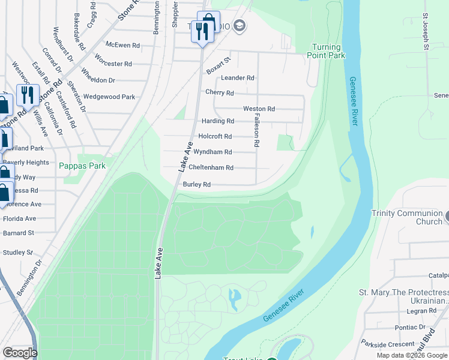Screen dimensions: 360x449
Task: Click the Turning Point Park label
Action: tap(328, 51)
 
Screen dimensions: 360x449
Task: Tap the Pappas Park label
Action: tap(83, 166)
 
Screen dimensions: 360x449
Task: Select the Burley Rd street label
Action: tap(197, 185)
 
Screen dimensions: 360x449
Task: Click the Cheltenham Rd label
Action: tap(211, 168)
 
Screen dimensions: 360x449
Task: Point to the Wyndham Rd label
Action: tap(212, 152)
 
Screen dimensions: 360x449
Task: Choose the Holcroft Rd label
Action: tap(214, 136)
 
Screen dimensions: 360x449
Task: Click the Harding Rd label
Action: tap(217, 121)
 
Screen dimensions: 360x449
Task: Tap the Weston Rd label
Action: tap(259, 109)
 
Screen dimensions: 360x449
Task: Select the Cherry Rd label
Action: tap(219, 93)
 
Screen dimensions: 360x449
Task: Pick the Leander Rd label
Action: tap(238, 78)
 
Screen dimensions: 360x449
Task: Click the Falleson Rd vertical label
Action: tap(256, 130)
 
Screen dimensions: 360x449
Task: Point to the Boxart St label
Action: tap(218, 66)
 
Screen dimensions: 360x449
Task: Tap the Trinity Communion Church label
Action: tap(406, 217)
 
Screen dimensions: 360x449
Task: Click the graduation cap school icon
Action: tap(240, 25)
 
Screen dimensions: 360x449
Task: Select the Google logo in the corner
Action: tap(19, 353)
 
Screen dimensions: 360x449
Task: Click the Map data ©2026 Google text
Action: tap(411, 355)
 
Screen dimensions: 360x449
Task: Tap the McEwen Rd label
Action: tap(122, 45)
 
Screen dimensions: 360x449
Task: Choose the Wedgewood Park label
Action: tap(109, 97)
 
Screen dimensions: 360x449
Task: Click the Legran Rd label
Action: tap(420, 311)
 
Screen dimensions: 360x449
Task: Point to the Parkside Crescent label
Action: tap(388, 344)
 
